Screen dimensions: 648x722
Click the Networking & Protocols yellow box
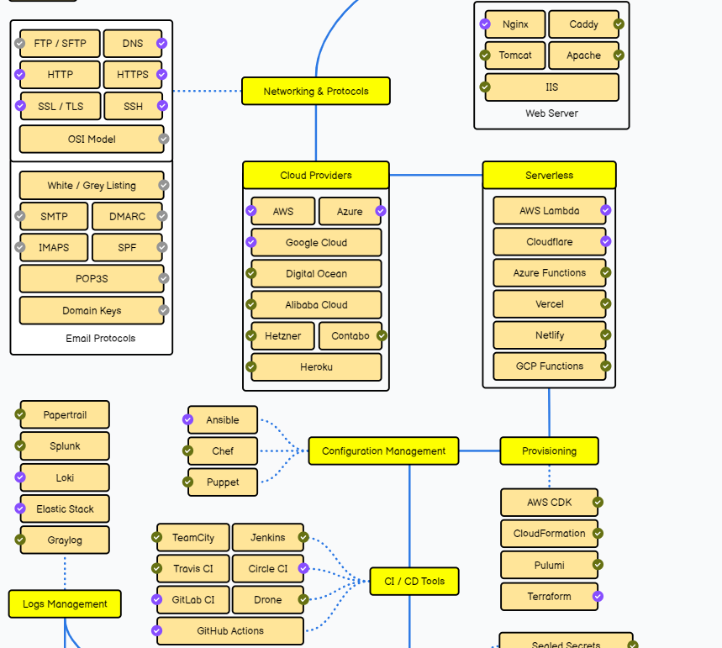point(316,91)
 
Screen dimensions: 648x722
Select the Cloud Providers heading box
point(316,176)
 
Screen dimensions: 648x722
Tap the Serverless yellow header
point(549,176)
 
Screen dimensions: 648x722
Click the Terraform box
point(549,597)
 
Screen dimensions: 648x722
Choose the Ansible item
point(223,420)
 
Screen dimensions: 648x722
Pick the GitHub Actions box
point(230,630)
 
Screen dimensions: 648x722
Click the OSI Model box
point(92,140)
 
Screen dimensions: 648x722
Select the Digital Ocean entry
point(316,274)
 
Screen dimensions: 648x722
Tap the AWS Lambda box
point(549,211)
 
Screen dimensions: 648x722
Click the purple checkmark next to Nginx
point(485,24)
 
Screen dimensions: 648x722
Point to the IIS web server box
point(551,87)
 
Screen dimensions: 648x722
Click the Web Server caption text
point(551,113)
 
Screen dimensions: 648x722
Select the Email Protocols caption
point(100,339)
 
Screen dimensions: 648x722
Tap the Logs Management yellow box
point(65,603)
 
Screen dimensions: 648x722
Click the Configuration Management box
point(383,451)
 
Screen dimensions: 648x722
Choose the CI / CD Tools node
point(414,582)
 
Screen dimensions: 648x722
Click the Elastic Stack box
point(65,509)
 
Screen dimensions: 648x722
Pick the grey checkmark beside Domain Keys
point(164,310)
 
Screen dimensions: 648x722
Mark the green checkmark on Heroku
point(250,366)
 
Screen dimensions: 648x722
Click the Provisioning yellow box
point(549,451)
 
